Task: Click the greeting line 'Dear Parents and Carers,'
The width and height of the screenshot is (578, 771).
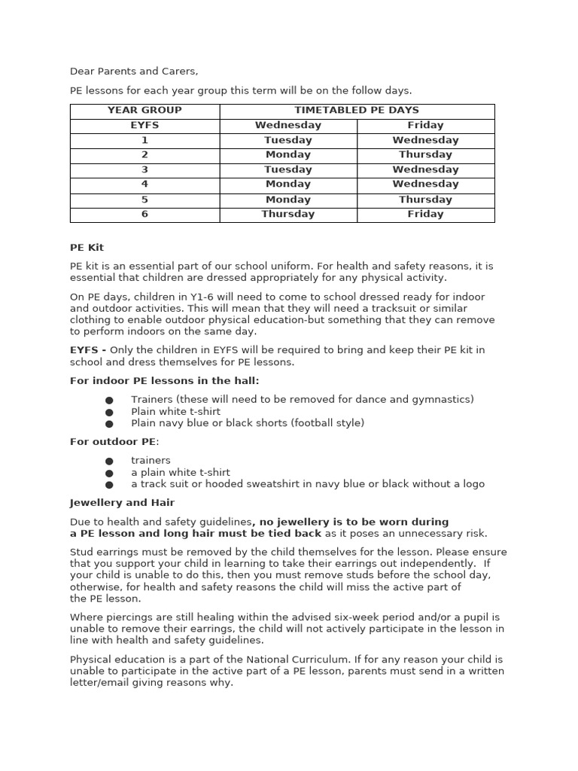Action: click(134, 72)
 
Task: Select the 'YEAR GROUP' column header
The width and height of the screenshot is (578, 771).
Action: click(144, 110)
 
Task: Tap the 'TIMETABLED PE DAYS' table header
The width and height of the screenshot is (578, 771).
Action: click(357, 110)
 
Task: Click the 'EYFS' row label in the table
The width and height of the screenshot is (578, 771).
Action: click(144, 125)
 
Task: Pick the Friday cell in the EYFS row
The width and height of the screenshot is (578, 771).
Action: click(425, 125)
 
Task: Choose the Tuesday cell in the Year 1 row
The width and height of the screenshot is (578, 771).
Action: click(287, 140)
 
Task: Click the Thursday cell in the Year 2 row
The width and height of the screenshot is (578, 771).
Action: click(425, 154)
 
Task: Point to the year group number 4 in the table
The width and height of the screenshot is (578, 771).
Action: click(144, 184)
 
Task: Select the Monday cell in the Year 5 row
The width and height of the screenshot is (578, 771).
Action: click(287, 200)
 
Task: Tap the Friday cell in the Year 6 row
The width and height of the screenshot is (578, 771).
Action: click(425, 214)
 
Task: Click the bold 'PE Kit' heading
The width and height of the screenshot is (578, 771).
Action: click(87, 248)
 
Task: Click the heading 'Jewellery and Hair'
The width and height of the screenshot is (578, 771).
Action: click(122, 503)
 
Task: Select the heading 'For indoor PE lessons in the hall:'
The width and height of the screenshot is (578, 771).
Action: click(164, 381)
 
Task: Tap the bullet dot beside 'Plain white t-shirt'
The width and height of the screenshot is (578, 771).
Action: click(109, 413)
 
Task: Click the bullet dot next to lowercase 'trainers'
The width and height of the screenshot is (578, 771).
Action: click(109, 461)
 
